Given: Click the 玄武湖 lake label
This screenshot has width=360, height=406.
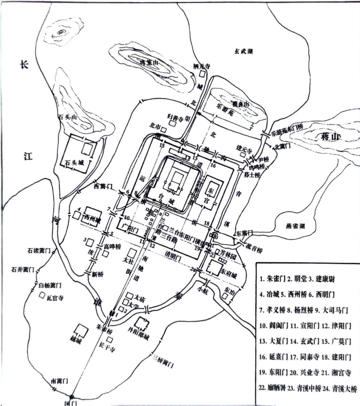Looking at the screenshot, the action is pyautogui.click(x=243, y=51).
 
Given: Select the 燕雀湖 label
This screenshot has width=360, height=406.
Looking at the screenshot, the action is pyautogui.click(x=295, y=226).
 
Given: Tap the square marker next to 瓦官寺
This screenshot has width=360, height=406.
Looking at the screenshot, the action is pyautogui.click(x=42, y=295).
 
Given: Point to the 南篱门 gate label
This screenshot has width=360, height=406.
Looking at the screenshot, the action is pyautogui.click(x=60, y=380).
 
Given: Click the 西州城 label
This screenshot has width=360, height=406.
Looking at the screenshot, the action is pyautogui.click(x=92, y=219).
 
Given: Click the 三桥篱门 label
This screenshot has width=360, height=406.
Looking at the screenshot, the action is pyautogui.click(x=163, y=361).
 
